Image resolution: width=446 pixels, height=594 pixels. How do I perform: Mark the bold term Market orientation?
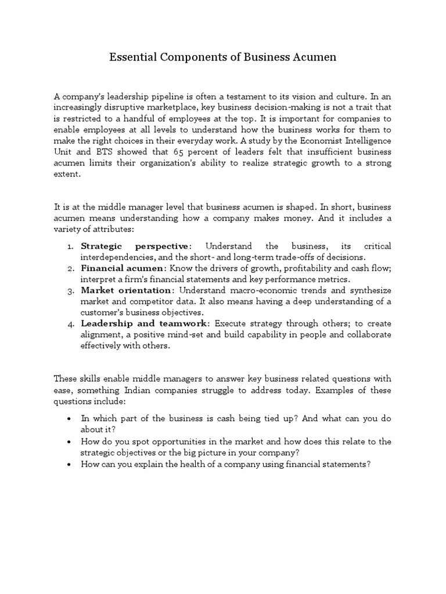tap(126, 290)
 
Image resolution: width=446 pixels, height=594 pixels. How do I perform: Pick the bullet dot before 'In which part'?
tap(70, 419)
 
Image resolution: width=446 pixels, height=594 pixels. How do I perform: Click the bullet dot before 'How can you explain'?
tap(70, 465)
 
